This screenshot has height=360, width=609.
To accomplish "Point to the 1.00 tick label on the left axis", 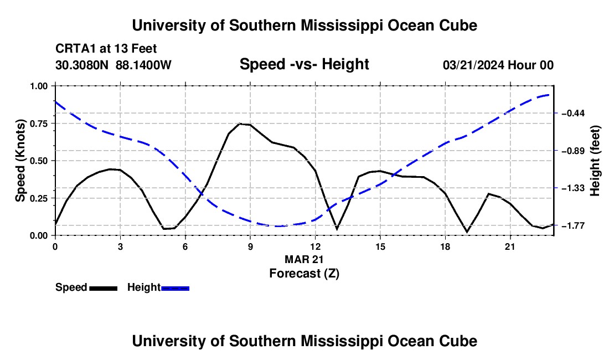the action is click(39, 86).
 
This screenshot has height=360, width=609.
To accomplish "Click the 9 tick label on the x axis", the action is click(250, 246).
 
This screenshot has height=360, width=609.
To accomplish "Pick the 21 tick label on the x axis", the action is click(509, 246).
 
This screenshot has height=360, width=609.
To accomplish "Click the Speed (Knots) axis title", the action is click(20, 161).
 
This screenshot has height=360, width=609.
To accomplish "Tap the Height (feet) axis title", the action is click(595, 161).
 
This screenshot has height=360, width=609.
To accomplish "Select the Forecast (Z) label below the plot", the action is click(304, 274).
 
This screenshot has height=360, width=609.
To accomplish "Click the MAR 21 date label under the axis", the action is click(304, 259).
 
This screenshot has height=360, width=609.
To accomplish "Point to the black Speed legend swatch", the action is click(104, 288).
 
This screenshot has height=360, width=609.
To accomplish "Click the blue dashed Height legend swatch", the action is click(175, 288).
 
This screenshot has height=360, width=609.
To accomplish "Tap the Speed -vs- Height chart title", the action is click(304, 64).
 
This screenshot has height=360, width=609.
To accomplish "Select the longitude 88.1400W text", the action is click(143, 65).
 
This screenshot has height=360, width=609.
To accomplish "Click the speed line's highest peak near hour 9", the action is click(240, 124).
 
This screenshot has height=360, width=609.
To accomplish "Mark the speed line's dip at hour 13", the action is click(337, 228).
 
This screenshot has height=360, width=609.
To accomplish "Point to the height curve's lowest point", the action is click(278, 226).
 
